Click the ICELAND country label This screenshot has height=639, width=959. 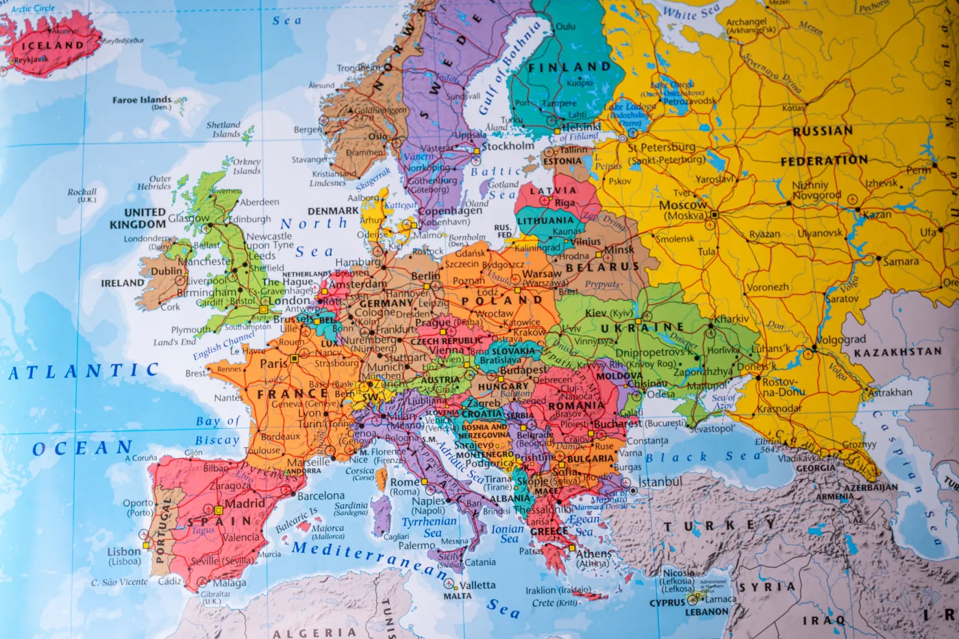(x=52, y=46)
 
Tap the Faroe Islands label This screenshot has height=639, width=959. (x=142, y=100)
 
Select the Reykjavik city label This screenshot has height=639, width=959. (x=31, y=60)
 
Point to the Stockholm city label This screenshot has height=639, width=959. (x=508, y=146)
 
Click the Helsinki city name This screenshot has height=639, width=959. (x=580, y=127)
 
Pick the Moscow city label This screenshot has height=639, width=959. (x=682, y=205)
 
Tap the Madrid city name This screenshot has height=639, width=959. (x=245, y=503)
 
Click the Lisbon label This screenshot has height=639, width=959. (x=124, y=551)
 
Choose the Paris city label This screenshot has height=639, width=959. (x=274, y=364)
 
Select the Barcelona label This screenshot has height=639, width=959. (x=321, y=496)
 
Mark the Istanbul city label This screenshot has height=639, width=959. (x=660, y=482)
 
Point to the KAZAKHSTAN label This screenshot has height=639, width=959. (x=897, y=352)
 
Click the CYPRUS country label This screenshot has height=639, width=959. (x=667, y=603)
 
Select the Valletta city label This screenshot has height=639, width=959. (x=477, y=586)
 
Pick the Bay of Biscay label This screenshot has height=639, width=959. (x=217, y=431)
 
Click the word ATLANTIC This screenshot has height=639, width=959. (x=84, y=372)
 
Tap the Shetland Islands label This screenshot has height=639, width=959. (x=224, y=129)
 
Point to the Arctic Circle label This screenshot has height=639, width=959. (x=33, y=8)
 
